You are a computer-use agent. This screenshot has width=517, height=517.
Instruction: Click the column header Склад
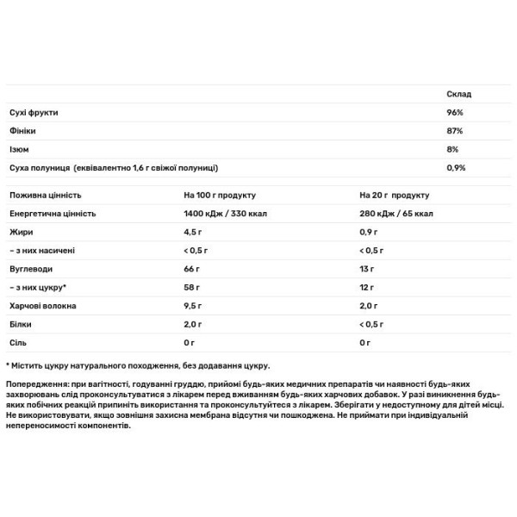click(458, 94)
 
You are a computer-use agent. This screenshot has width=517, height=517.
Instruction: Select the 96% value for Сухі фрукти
click(456, 113)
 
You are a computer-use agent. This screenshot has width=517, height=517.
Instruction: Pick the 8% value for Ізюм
click(453, 149)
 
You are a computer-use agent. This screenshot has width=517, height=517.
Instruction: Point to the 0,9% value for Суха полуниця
click(457, 167)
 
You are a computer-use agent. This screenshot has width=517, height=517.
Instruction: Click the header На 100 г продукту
click(220, 195)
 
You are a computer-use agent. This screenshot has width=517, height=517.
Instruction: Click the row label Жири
click(18, 232)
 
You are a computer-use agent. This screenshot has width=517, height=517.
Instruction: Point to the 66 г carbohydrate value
click(192, 269)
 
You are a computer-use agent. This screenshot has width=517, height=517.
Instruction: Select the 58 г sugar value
click(192, 287)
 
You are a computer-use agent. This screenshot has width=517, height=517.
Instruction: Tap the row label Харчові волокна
click(41, 306)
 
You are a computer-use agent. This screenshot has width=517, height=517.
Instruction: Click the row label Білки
click(19, 325)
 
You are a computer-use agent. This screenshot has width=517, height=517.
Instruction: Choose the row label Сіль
click(17, 343)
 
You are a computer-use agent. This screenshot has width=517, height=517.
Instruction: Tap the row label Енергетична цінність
click(52, 213)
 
